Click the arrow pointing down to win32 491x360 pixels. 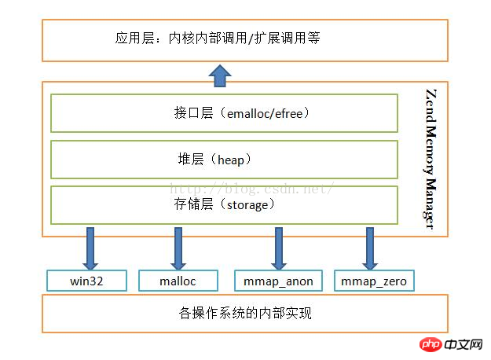90,248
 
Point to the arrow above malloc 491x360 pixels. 178,248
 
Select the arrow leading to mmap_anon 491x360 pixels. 279,248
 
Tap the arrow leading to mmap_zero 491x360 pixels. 370,248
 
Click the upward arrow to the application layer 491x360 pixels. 220,75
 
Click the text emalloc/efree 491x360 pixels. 265,114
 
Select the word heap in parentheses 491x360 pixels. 231,160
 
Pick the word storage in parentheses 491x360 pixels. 247,205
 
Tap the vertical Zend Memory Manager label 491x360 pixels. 431,159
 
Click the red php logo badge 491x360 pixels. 431,344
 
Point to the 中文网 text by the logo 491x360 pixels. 464,344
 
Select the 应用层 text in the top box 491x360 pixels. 134,39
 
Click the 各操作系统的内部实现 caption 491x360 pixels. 245,313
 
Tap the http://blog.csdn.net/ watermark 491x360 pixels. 251,189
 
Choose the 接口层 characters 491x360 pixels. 193,112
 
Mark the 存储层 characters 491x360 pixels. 193,204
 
